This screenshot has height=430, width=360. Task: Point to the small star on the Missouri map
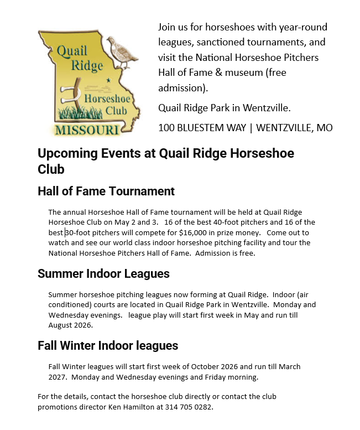click(108, 80)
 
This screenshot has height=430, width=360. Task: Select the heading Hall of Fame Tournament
click(106, 191)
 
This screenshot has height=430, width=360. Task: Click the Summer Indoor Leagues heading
click(103, 273)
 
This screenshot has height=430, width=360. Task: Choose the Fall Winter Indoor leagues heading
click(108, 346)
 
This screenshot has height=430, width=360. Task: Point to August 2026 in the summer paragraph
click(70, 325)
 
